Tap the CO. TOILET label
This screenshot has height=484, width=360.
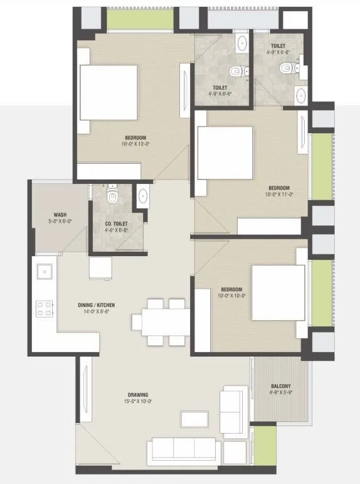[117, 223]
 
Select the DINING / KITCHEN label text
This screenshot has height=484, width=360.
[96, 304]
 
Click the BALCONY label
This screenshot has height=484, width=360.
[280, 386]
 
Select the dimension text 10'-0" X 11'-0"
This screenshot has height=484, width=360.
[279, 195]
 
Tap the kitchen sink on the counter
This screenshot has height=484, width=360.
[45, 272]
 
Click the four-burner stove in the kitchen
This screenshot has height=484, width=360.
[45, 308]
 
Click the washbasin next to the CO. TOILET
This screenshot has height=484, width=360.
[142, 195]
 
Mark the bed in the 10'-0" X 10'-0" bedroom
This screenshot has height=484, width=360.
[278, 293]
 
